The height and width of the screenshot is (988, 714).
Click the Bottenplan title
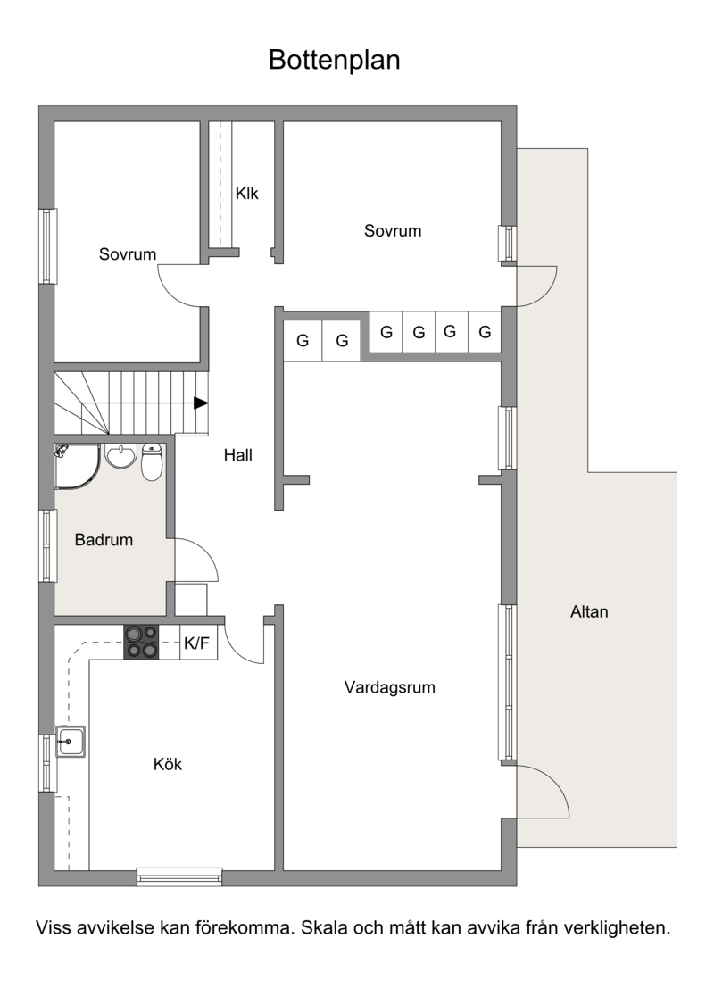(x=334, y=61)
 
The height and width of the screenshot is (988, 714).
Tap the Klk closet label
(x=247, y=194)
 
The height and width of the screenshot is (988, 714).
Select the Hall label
(x=238, y=455)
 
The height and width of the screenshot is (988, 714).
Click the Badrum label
(x=104, y=540)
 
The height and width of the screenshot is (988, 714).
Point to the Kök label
(x=168, y=764)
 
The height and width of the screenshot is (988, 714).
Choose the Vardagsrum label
(x=389, y=687)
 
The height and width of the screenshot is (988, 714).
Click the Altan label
(x=589, y=612)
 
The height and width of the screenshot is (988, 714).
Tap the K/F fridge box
(x=198, y=643)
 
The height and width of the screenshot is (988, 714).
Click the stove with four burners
(x=141, y=642)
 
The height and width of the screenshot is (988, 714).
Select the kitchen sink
(x=70, y=742)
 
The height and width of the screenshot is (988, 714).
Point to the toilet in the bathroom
(x=151, y=461)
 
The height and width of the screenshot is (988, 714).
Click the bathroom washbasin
(x=120, y=455)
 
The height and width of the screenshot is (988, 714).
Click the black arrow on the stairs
(x=201, y=403)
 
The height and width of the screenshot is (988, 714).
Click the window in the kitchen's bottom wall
(x=179, y=876)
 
